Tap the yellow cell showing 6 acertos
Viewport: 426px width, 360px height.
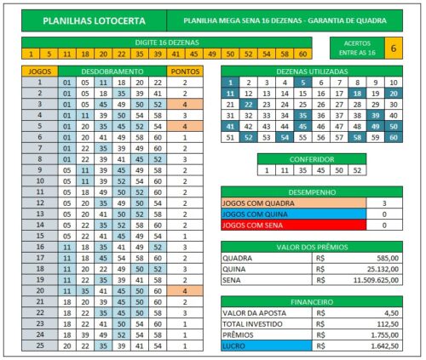(x=394, y=49)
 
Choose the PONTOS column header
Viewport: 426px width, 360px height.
(x=186, y=71)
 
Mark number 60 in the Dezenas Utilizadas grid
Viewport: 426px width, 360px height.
(x=393, y=136)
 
